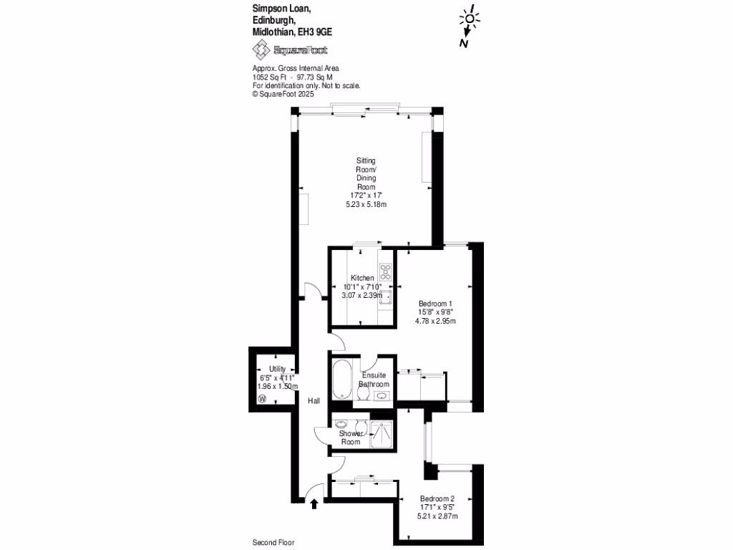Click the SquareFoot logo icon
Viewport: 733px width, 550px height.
point(261,49)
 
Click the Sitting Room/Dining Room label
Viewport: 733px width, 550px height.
point(366,173)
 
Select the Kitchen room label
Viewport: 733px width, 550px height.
point(362,278)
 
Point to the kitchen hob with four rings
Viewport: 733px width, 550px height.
point(386,272)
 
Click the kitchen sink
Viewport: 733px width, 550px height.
point(385,297)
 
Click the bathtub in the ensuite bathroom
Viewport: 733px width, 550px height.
point(341,379)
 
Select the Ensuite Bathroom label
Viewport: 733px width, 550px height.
point(374,380)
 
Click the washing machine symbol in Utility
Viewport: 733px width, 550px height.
point(261,399)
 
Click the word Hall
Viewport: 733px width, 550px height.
point(314,401)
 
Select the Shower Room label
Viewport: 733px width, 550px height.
point(351,438)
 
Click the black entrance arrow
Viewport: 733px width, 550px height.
point(314,504)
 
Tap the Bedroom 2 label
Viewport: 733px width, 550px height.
point(437,498)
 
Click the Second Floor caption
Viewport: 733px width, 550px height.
point(273,543)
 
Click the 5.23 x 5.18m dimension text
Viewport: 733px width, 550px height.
point(366,204)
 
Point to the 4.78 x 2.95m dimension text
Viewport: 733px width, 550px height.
point(436,321)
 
